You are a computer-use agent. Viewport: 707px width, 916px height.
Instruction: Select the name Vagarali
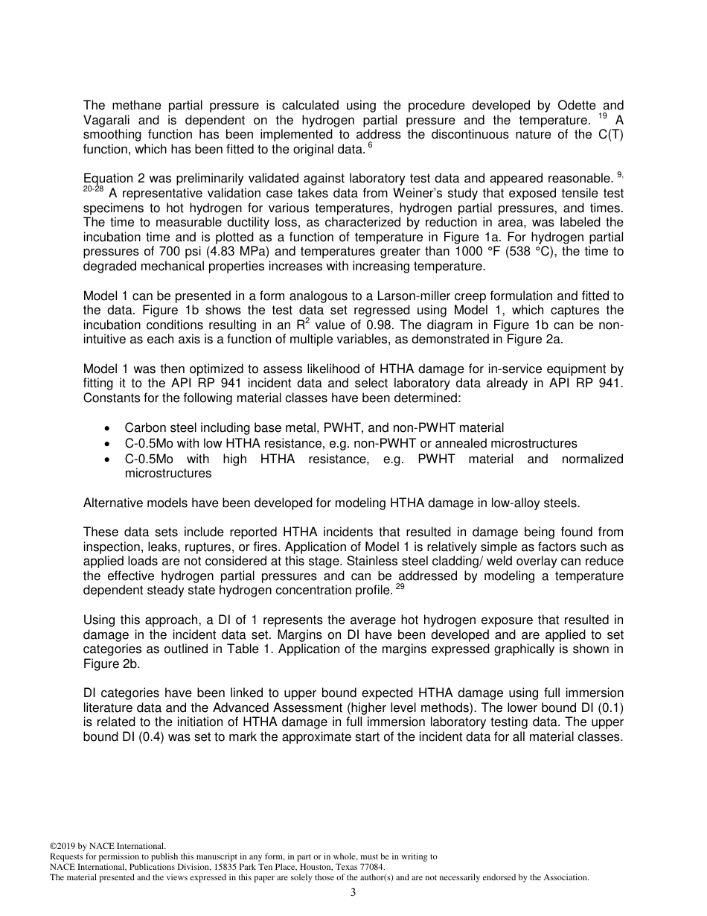tap(106, 120)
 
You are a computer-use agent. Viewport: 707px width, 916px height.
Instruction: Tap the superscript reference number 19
tap(603, 117)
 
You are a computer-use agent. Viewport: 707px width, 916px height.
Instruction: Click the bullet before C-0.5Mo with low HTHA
tap(109, 444)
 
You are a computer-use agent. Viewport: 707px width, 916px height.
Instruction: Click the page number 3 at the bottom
tap(353, 893)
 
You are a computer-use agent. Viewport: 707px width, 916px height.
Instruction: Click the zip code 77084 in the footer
tap(371, 867)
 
